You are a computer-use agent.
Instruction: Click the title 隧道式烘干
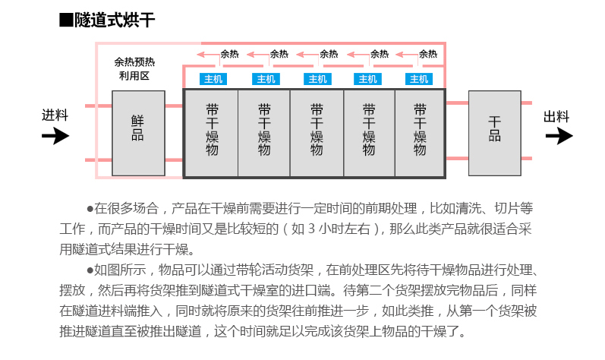point(115,20)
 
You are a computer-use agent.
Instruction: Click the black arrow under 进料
point(55,136)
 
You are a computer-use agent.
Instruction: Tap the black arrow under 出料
point(559,136)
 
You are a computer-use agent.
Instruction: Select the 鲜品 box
point(138,133)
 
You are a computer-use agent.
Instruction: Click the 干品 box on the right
point(495,133)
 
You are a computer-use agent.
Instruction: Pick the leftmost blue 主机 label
point(213,79)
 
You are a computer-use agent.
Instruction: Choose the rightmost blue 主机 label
point(419,79)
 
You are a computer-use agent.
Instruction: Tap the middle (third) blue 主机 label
point(317,79)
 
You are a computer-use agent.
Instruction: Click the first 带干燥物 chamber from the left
point(212,133)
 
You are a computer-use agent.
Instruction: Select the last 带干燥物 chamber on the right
point(420,133)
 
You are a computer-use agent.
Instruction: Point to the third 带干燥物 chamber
point(317,133)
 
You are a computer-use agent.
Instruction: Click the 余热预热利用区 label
point(134,68)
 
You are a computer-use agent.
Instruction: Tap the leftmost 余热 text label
point(229,54)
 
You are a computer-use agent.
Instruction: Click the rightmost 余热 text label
point(428,54)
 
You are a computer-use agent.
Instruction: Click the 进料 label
point(55,115)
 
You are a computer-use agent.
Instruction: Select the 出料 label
point(556,116)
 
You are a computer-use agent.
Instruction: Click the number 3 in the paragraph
point(311,229)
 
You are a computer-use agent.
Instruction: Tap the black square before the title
point(66,20)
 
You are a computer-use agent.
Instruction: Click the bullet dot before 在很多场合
point(90,209)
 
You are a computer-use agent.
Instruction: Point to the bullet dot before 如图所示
point(90,270)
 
